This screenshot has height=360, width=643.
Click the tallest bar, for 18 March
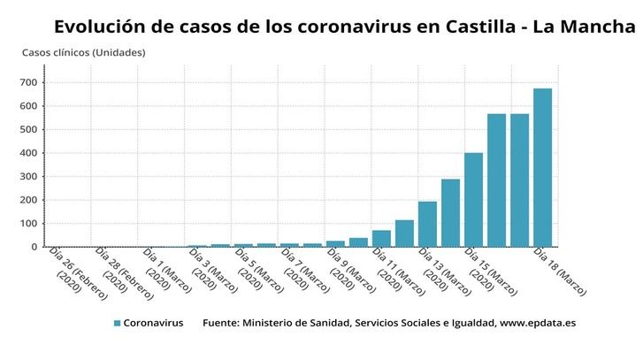542,168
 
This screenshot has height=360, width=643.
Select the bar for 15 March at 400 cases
473,200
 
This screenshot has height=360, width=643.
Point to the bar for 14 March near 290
450,213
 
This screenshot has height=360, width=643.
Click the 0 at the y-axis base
33,247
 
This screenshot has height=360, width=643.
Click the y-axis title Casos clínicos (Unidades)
83,52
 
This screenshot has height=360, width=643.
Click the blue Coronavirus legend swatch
117,324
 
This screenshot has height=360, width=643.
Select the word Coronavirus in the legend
153,324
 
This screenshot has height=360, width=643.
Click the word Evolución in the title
100,27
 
